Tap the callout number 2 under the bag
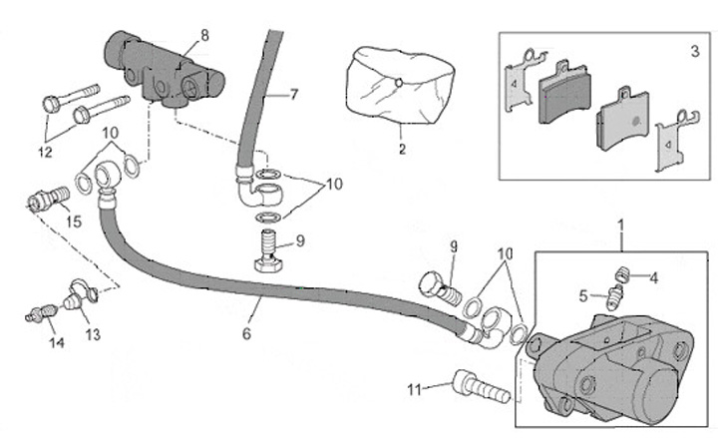[x=402, y=151]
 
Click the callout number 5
[x=583, y=295]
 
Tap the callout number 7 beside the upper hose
[x=295, y=95]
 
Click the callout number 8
[x=204, y=36]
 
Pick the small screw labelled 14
[x=37, y=315]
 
